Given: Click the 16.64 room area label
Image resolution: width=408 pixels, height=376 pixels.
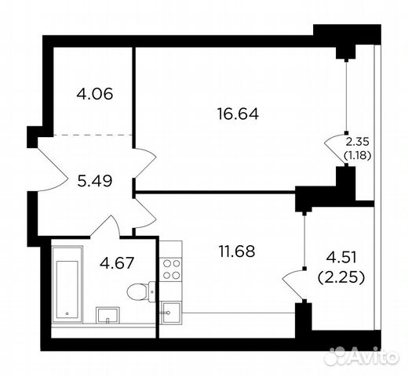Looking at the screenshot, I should tap(238, 114).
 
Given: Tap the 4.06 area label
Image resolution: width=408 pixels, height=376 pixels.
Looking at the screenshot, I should tap(95, 95).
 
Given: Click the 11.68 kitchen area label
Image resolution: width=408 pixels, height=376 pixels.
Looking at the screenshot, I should tap(235, 253).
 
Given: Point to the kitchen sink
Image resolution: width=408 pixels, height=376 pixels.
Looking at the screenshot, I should tap(170, 313).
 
